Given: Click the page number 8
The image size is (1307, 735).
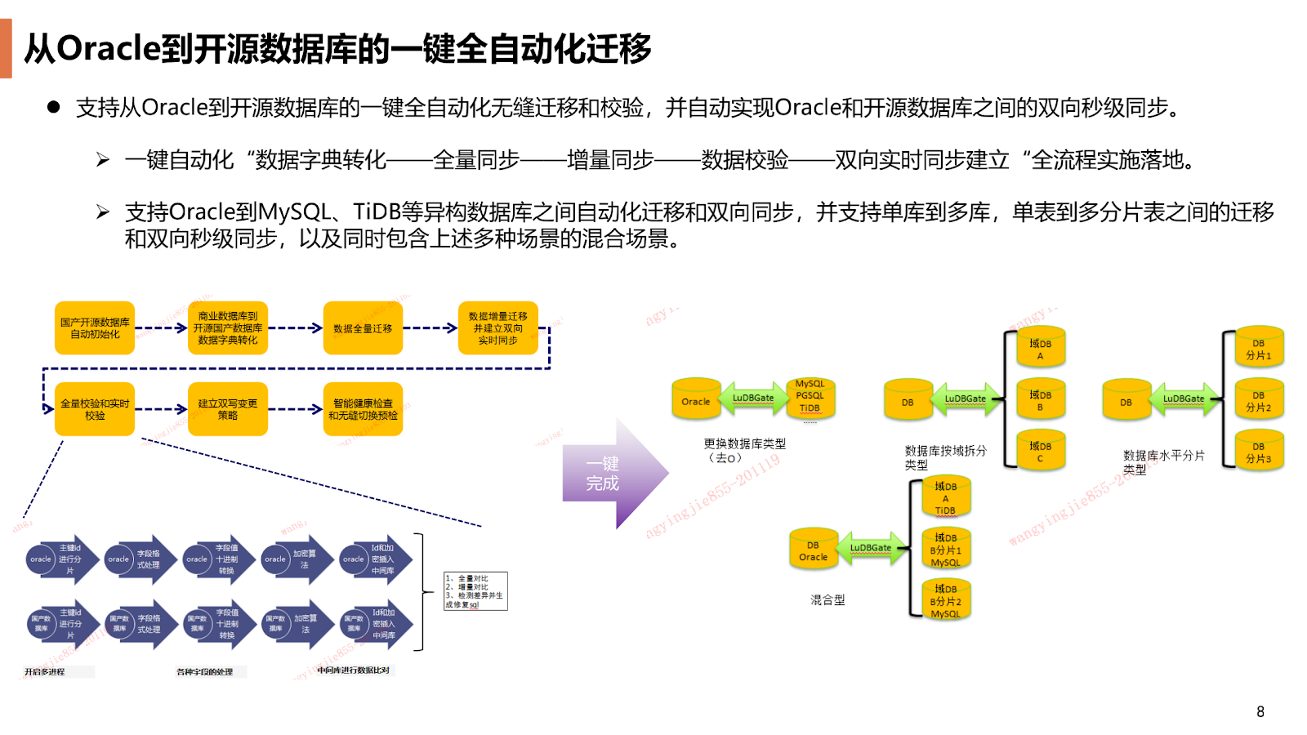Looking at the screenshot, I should pos(1260,711).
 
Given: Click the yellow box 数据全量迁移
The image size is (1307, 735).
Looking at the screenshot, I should pos(363,328).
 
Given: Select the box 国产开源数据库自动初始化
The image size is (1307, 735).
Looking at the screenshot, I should pos(95,328).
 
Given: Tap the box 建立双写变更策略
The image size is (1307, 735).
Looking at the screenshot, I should pos(228,409).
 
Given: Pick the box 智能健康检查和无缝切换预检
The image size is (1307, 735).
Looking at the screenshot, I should pos(363,409).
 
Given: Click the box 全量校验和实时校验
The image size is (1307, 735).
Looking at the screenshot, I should pos(95,409).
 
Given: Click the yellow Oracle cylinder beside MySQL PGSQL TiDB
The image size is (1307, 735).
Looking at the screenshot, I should pos(696,400).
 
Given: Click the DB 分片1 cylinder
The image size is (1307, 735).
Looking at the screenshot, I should pos(1258,348).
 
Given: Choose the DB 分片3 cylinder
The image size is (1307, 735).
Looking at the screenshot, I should pos(1258,452).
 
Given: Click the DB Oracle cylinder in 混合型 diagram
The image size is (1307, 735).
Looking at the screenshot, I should pos(813,550).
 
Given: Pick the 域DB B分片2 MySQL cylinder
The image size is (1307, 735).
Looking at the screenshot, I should pos(945,600).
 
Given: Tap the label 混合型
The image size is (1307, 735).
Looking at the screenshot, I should pos(827,600).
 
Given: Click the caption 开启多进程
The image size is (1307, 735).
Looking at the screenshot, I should pos(45,672).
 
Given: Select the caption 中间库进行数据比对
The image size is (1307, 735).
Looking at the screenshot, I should pos(353,670).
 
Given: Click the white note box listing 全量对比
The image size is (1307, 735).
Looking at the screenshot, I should pos(475,591).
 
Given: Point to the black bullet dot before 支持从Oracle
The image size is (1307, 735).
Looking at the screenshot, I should pos(54,107).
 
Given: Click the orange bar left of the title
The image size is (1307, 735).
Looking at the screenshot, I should pos(6,48).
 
